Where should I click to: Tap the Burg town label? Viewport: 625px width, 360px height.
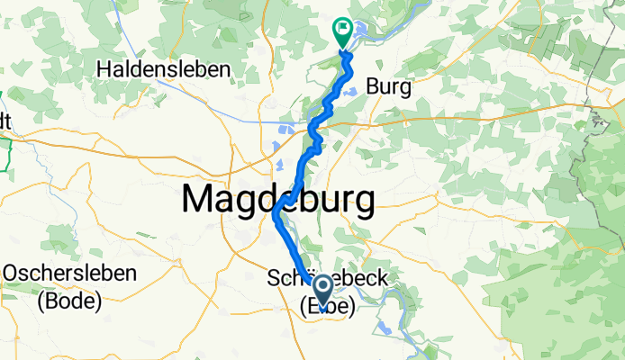pyautogui.click(x=389, y=88)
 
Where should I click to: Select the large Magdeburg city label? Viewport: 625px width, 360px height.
pyautogui.click(x=278, y=199)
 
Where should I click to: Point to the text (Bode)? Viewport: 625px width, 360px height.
pyautogui.click(x=69, y=301)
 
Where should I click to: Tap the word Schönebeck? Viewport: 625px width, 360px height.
pyautogui.click(x=328, y=280)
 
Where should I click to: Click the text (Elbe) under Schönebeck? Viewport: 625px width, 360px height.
pyautogui.click(x=327, y=306)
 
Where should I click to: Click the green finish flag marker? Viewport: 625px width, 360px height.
pyautogui.click(x=343, y=30)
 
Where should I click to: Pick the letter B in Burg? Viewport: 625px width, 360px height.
pyautogui.click(x=374, y=88)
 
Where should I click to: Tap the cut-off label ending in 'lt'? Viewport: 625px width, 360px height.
pyautogui.click(x=5, y=120)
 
